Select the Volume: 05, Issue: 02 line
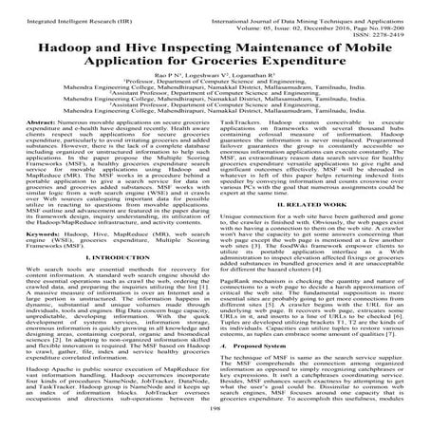tap(333, 17)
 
